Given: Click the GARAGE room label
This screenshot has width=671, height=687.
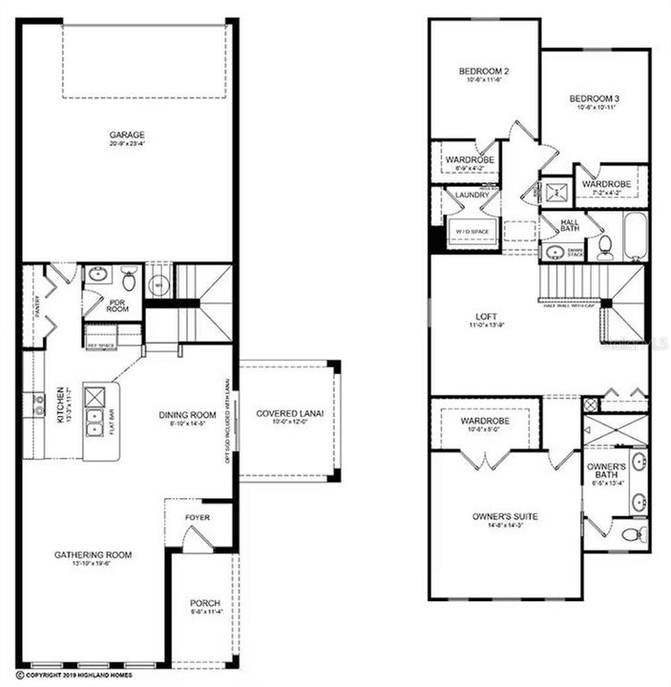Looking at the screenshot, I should [x=127, y=135].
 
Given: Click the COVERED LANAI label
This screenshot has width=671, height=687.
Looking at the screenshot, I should [x=290, y=413].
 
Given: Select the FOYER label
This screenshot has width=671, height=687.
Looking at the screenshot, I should [x=198, y=517].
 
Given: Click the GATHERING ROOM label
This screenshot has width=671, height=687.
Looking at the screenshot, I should [x=94, y=554].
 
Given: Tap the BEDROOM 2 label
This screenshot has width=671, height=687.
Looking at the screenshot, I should [x=484, y=72].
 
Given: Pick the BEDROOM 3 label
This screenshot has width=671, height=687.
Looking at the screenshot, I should [x=595, y=98].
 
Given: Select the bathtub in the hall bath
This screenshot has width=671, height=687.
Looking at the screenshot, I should [x=636, y=236].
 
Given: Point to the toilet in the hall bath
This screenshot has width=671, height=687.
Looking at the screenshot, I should [x=605, y=247].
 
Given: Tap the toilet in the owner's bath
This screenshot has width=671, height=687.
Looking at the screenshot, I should [x=634, y=532].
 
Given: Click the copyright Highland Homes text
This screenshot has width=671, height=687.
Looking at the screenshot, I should [x=76, y=676].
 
